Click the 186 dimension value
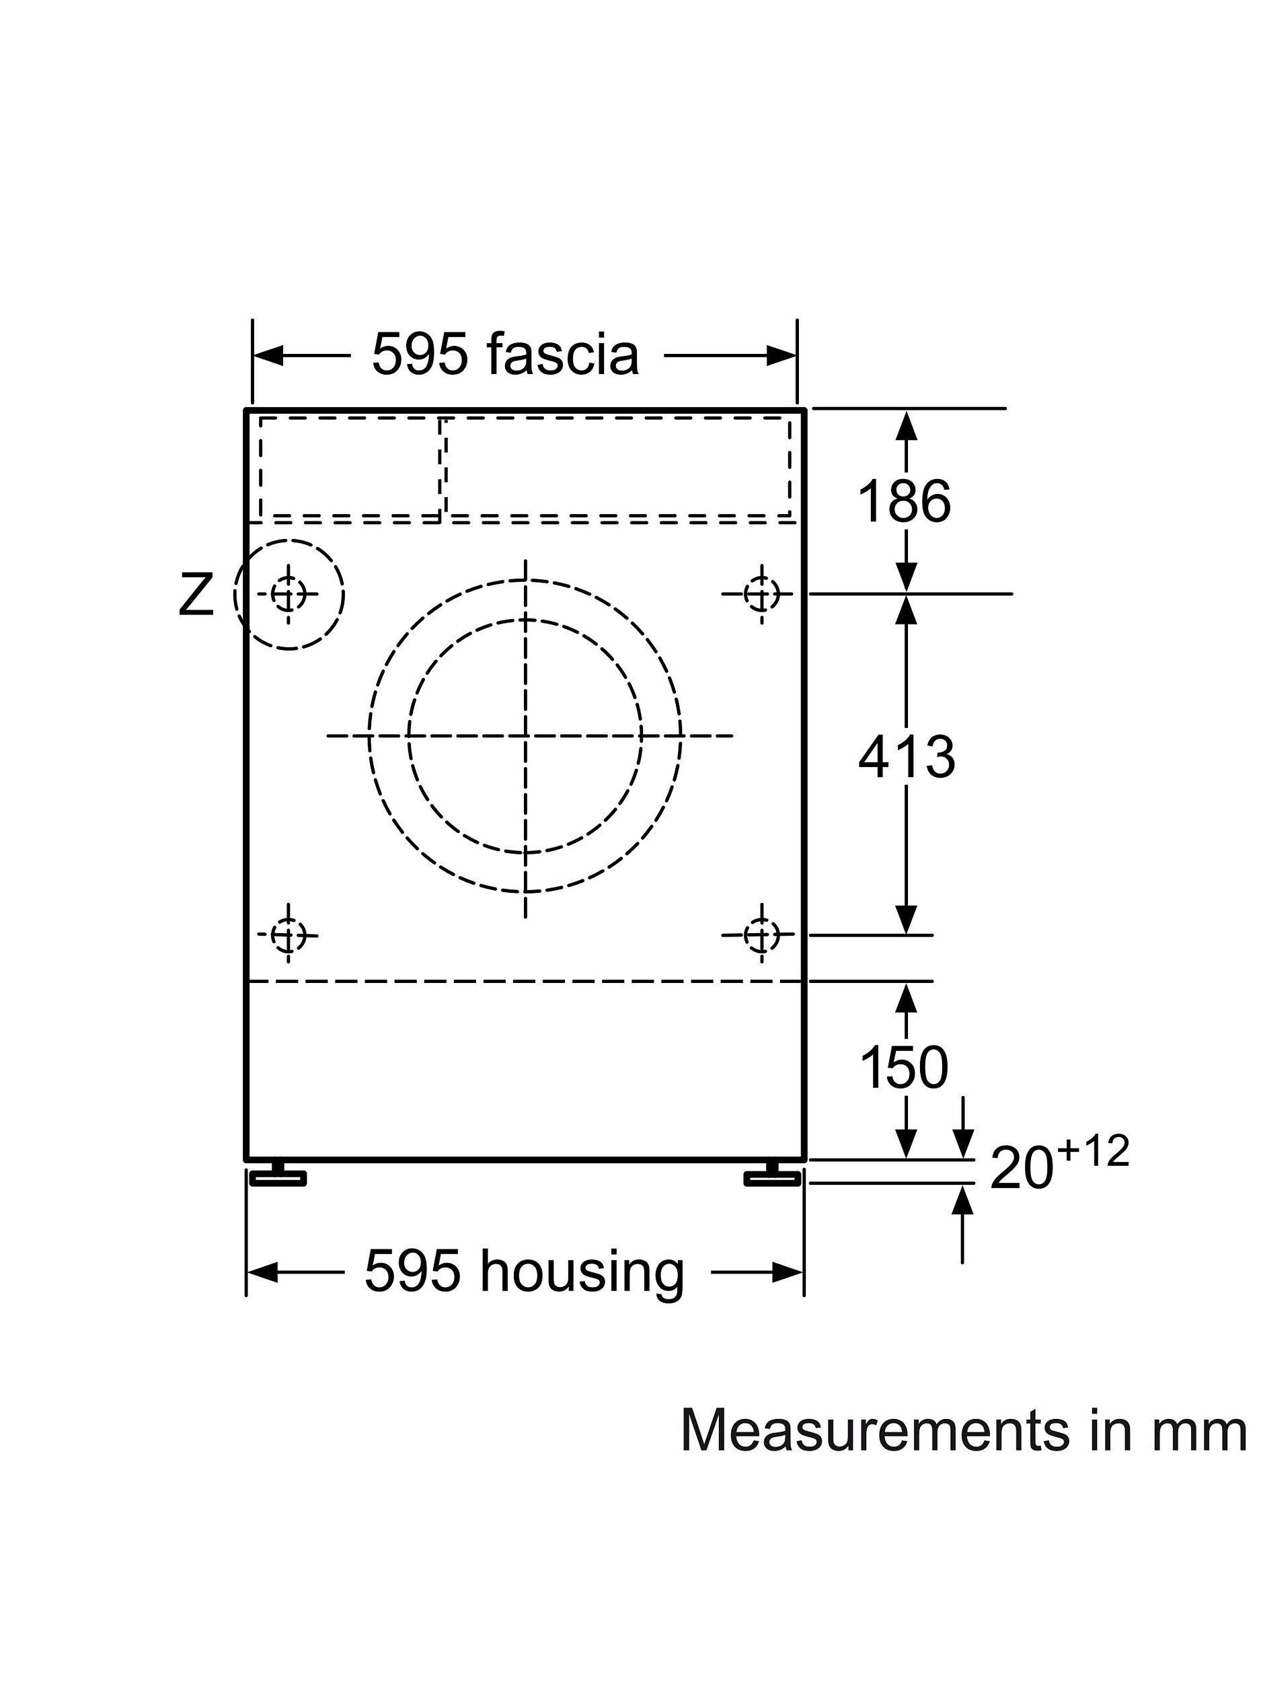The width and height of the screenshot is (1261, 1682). point(904,502)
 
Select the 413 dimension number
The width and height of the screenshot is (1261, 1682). point(906,758)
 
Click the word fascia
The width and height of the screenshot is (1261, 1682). point(562,355)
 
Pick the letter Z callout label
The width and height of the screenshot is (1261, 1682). point(196,596)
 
